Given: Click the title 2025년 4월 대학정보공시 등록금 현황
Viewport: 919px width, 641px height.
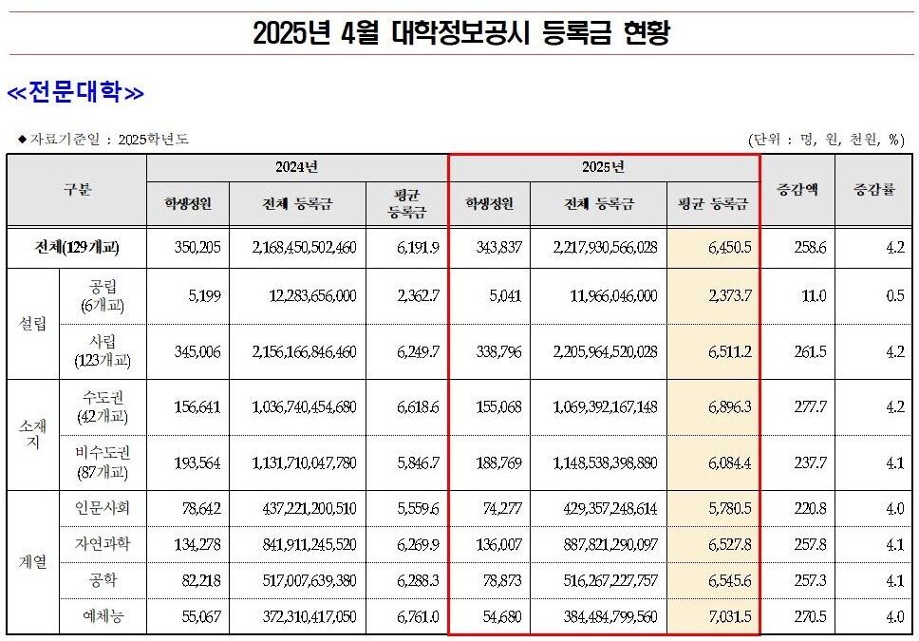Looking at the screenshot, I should pyautogui.click(x=461, y=34).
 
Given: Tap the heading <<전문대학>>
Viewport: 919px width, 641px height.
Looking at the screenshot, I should pyautogui.click(x=75, y=93).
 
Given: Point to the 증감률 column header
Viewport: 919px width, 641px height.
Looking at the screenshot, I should pyautogui.click(x=874, y=189).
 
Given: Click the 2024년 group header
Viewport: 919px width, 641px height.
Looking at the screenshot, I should pyautogui.click(x=296, y=167).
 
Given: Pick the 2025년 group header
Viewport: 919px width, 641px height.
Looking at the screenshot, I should pyautogui.click(x=603, y=167).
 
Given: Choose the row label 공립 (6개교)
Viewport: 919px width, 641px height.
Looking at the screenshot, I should pyautogui.click(x=103, y=295).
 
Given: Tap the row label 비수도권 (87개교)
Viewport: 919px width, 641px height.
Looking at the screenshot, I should pyautogui.click(x=103, y=463).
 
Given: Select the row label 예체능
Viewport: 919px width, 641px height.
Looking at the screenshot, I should pyautogui.click(x=103, y=617).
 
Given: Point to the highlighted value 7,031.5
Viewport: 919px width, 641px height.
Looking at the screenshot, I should pyautogui.click(x=729, y=617).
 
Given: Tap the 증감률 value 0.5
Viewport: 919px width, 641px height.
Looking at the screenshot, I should pyautogui.click(x=894, y=295).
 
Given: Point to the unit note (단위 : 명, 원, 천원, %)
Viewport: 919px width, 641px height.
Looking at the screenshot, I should pyautogui.click(x=826, y=140).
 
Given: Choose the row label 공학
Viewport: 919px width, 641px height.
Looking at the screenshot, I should pyautogui.click(x=103, y=580).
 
